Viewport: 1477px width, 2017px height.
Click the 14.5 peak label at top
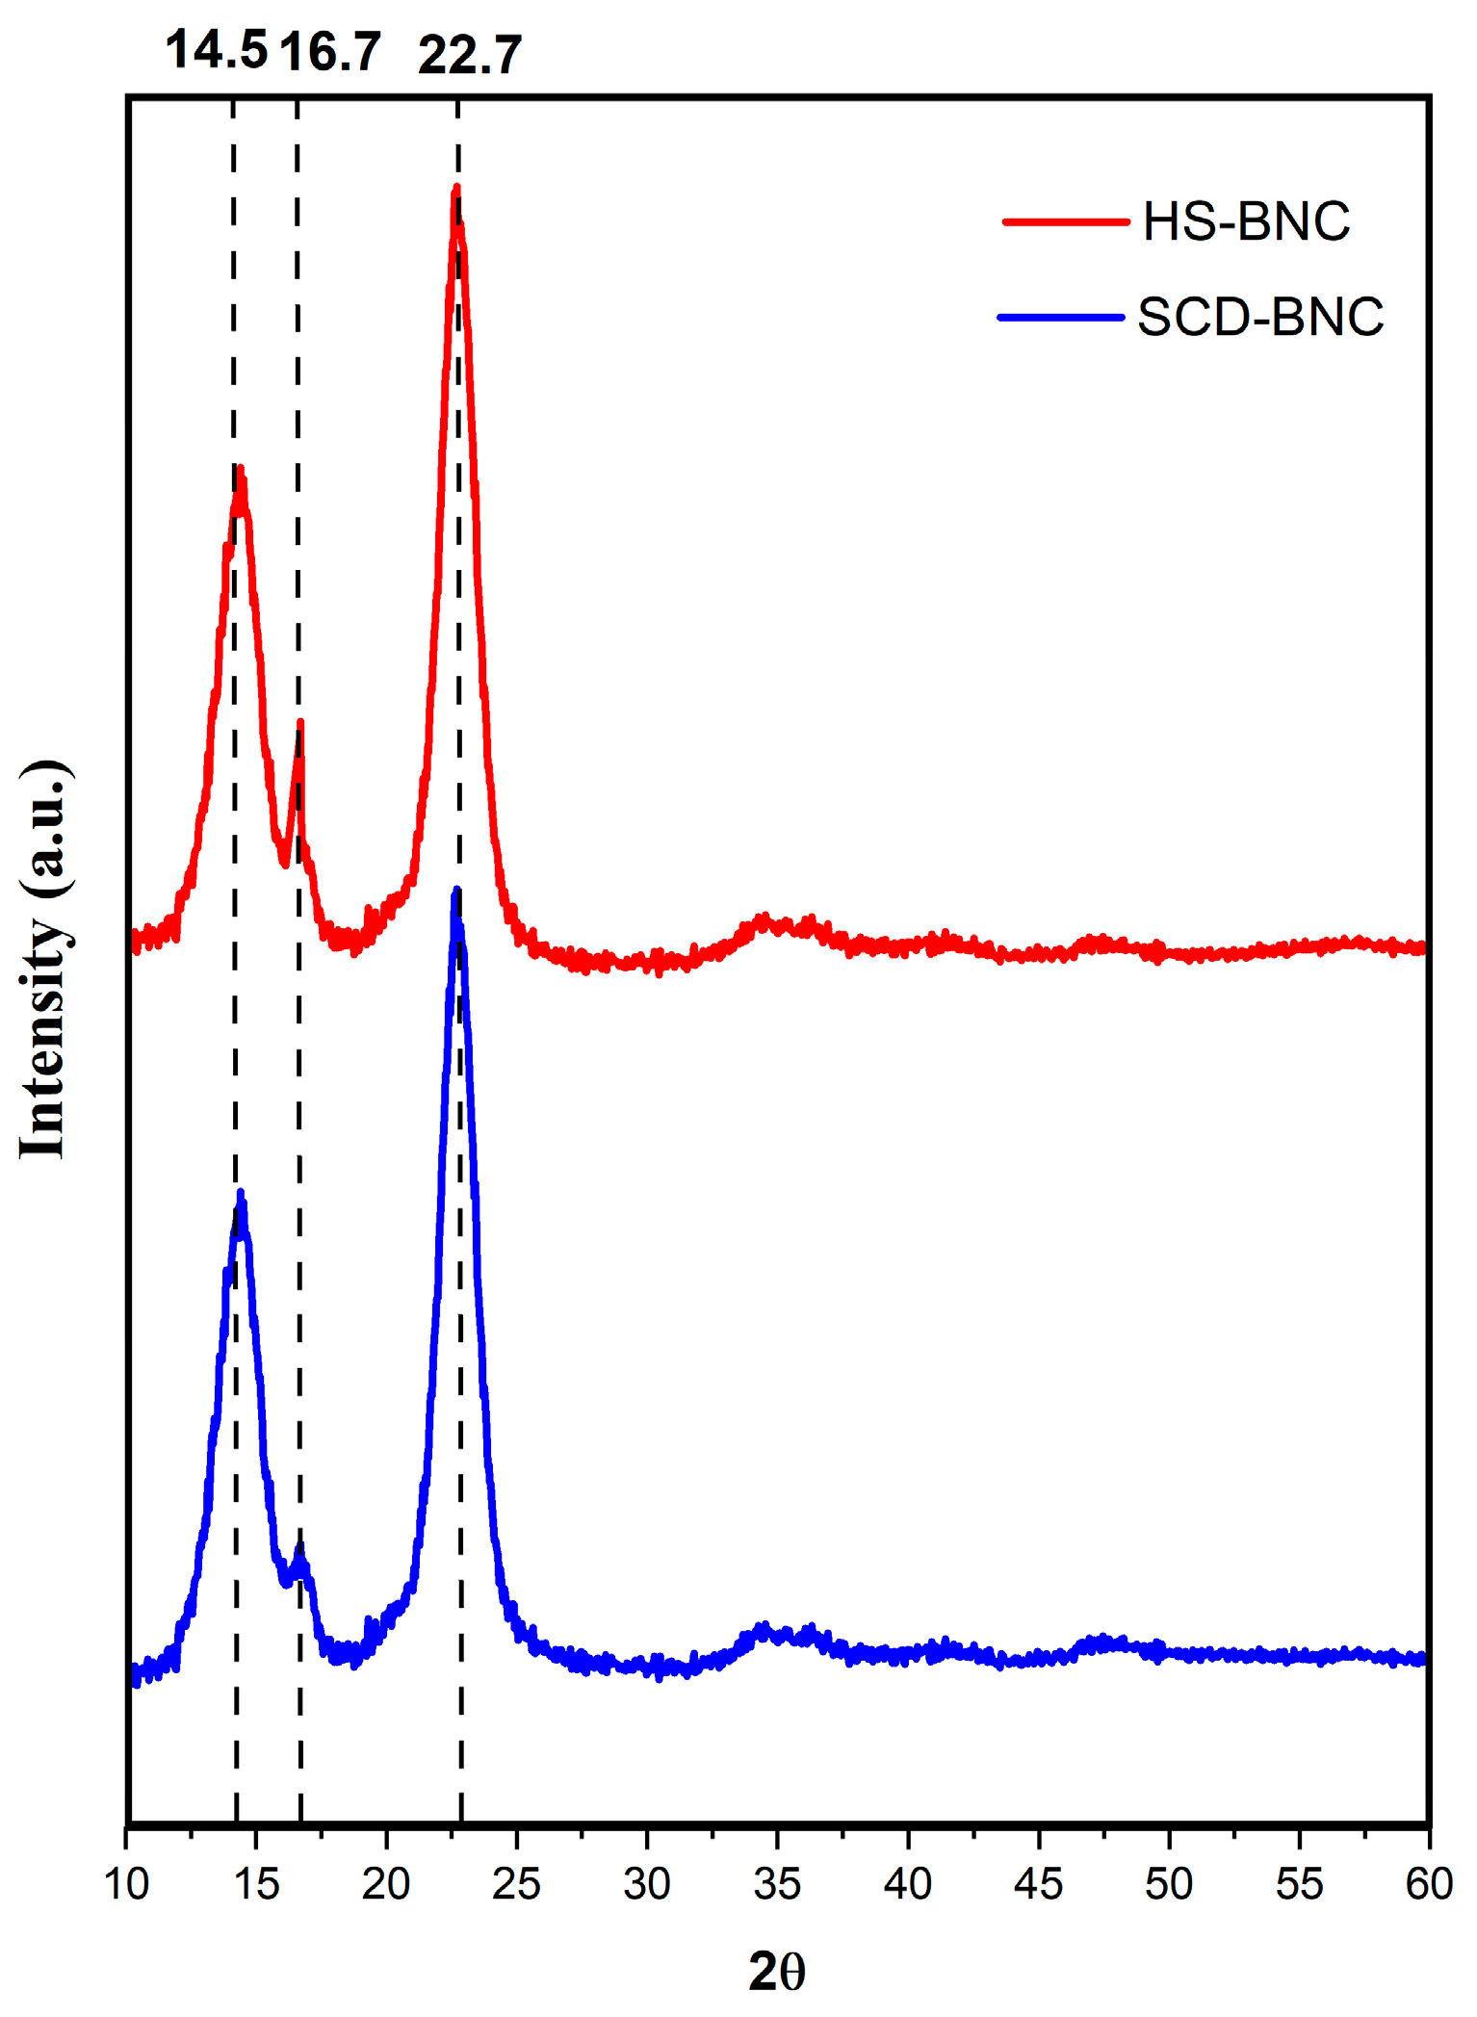[x=216, y=49]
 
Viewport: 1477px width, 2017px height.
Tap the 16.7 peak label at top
[x=330, y=51]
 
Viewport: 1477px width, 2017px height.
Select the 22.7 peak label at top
[x=470, y=54]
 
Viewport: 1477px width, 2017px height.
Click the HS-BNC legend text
[x=1246, y=221]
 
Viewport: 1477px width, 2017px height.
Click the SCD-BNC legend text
[x=1260, y=317]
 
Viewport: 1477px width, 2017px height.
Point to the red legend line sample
[x=1065, y=221]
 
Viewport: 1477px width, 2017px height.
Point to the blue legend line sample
[x=1061, y=317]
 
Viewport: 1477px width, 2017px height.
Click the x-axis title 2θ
[x=776, y=1971]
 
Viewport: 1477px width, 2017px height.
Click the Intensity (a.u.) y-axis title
[x=43, y=959]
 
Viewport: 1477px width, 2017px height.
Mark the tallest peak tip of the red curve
[x=456, y=189]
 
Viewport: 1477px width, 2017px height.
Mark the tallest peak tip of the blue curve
[x=456, y=891]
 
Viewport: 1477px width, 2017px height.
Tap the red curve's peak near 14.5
[x=241, y=470]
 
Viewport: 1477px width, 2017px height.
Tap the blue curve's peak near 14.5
[x=241, y=1194]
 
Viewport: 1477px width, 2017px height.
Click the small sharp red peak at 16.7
[x=300, y=722]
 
